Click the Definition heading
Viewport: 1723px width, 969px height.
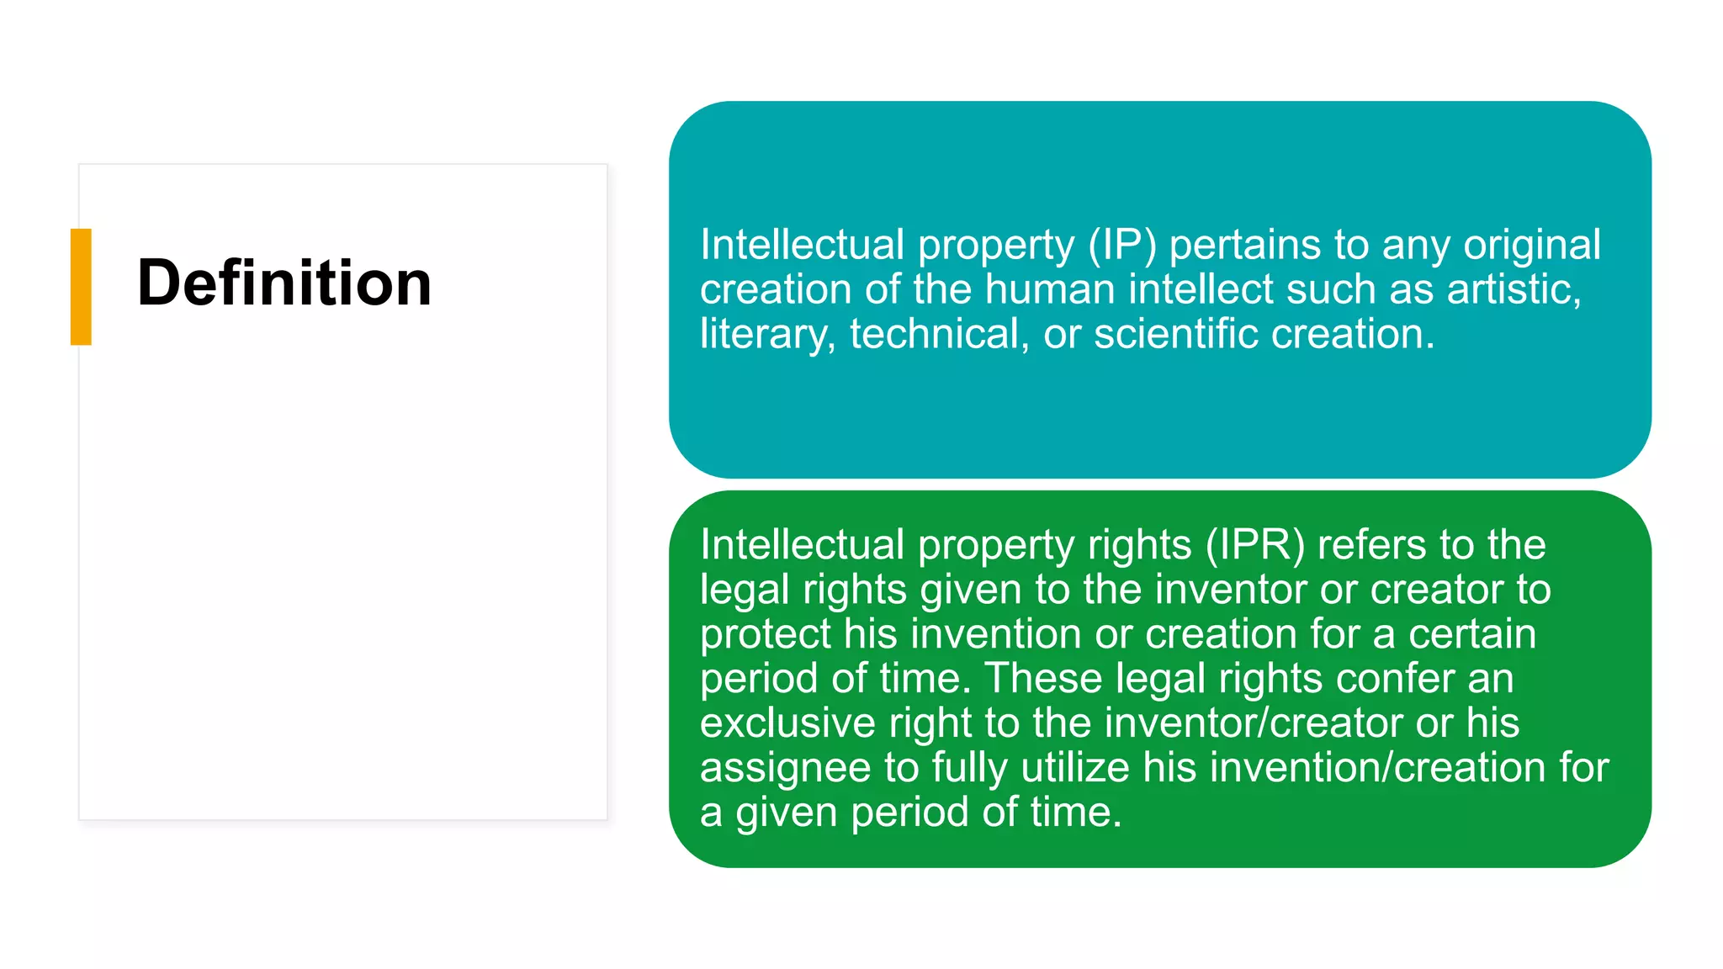point(284,283)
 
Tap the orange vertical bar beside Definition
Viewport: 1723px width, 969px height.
point(81,287)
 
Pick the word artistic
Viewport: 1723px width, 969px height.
point(1514,290)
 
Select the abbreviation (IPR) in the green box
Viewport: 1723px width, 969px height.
point(1254,545)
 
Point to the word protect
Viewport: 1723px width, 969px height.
point(765,634)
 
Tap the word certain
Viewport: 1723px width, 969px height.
point(1472,634)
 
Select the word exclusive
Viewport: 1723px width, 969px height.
point(787,723)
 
